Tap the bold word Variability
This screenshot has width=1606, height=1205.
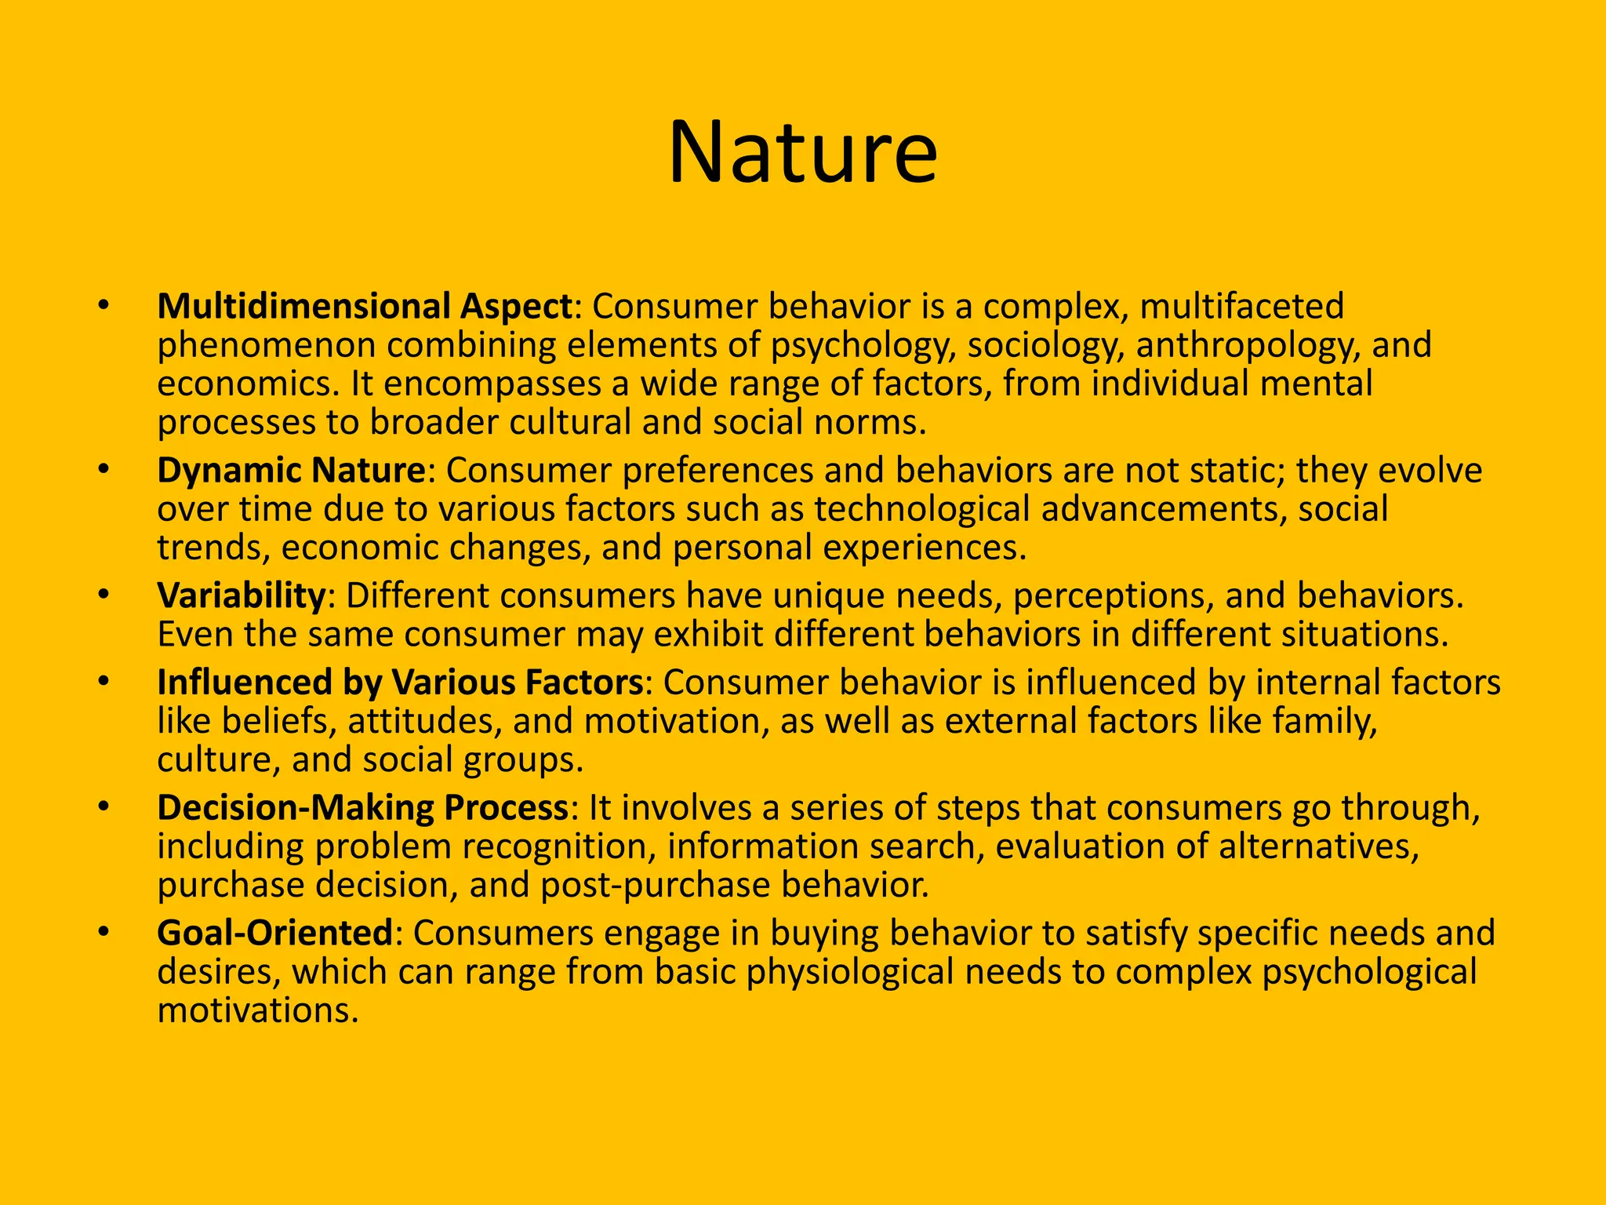[x=241, y=595]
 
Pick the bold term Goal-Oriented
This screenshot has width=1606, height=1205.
[x=274, y=933]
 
